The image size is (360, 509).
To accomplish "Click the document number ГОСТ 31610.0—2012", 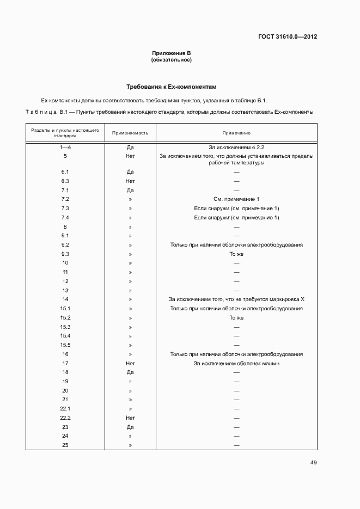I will coord(288,37).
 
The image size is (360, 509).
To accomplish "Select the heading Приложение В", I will coord(171,53).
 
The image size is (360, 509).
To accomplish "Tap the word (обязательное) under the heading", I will coord(171,59).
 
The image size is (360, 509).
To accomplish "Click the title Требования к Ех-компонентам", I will coord(172,87).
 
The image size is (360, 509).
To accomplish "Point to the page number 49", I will coord(313,463).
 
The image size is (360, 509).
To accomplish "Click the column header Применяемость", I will coord(130,133).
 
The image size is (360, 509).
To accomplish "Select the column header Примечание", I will coord(236,133).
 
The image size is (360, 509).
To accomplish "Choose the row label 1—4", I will coord(65,148).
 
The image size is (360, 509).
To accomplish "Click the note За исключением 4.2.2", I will coord(236,148).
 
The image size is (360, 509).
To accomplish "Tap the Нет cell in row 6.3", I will coord(130,181).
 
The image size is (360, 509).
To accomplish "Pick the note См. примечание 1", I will coord(236,199).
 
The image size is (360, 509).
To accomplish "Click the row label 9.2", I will coord(65,245).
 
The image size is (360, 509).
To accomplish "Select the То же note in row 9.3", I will coord(236,254).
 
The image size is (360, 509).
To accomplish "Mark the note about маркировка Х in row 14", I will coord(236,299).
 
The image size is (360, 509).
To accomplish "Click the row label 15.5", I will coord(65,345).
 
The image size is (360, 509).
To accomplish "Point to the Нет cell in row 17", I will coord(130,363).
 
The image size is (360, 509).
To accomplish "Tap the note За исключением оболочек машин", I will coord(236,363).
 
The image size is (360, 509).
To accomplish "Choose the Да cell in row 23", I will coord(130,427).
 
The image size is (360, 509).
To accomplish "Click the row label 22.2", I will coord(65,418).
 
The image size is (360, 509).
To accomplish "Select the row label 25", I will coord(65,445).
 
